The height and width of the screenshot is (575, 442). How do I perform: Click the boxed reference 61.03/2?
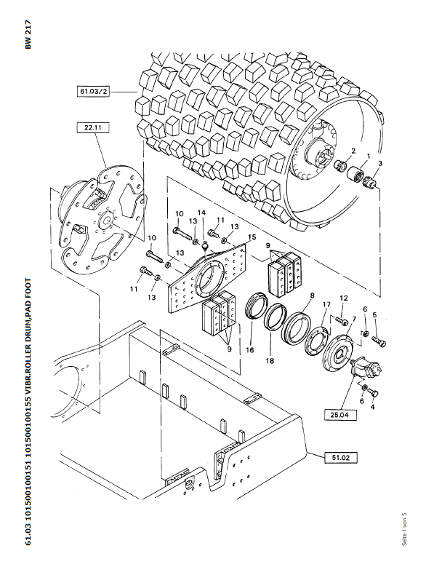click(x=93, y=91)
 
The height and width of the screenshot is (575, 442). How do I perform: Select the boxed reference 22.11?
click(x=93, y=127)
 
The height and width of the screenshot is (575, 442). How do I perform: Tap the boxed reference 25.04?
click(x=340, y=415)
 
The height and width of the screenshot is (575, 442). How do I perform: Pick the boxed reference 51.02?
click(x=340, y=458)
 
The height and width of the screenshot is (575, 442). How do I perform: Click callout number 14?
click(x=201, y=213)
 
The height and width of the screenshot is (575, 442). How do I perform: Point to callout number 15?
click(x=252, y=237)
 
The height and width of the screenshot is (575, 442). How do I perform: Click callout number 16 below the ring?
click(x=250, y=350)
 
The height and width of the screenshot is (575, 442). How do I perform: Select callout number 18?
click(x=270, y=361)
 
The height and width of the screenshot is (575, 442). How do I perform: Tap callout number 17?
click(x=326, y=304)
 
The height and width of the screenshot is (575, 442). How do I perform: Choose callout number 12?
click(x=343, y=298)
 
